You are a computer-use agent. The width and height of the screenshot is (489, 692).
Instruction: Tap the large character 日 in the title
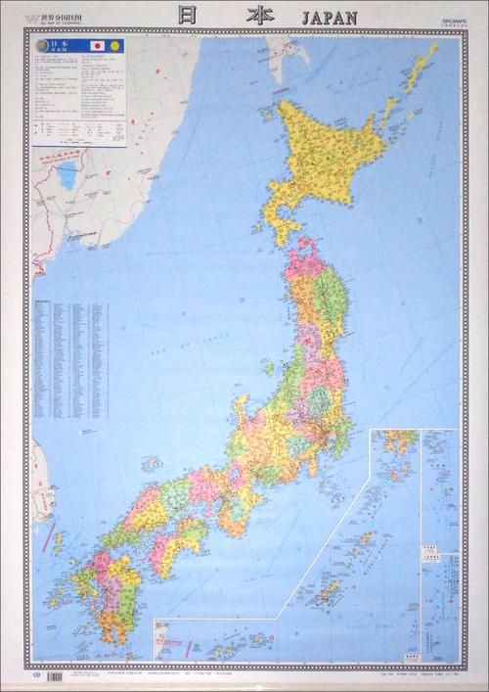point(183,16)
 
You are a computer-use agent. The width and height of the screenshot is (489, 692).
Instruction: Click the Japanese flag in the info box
point(99,47)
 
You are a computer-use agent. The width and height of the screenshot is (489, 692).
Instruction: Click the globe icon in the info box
point(40,46)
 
